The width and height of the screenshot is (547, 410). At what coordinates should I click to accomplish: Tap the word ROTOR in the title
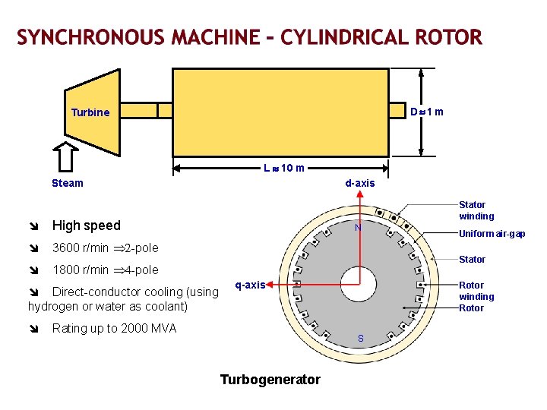point(448,37)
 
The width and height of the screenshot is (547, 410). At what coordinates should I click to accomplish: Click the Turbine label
point(90,112)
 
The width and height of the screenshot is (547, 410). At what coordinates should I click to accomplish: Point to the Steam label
point(68,183)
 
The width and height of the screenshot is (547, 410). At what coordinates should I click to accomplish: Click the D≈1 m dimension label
point(426,112)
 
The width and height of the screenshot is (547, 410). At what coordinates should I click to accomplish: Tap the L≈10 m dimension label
point(284,168)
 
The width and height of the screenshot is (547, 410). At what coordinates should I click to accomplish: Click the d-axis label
point(360,183)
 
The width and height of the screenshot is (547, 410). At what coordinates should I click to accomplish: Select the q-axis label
point(250,285)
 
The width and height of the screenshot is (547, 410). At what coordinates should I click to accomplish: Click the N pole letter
point(358,229)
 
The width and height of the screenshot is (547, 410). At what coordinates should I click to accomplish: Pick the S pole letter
point(360,338)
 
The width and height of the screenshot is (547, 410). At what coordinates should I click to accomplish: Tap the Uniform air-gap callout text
point(492,234)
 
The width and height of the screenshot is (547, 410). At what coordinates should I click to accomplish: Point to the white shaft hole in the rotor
point(358,285)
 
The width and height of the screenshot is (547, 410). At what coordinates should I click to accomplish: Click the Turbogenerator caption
point(270,380)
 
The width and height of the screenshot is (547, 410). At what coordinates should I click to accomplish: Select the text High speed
point(86,225)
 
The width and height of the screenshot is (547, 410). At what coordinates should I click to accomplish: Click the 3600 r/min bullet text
point(105,248)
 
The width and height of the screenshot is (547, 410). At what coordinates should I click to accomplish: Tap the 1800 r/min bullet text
point(105,270)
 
